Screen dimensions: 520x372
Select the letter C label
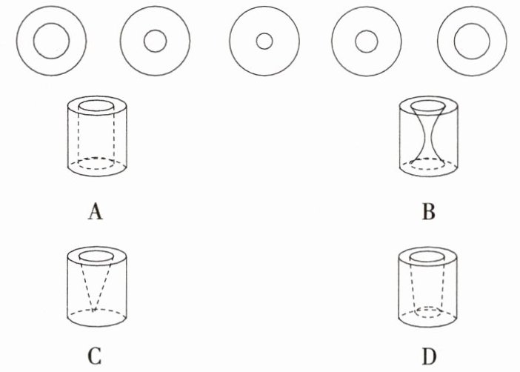(94, 357)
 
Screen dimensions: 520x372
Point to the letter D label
(428, 357)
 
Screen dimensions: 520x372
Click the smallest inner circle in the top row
(264, 42)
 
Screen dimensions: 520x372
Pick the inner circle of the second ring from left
(155, 41)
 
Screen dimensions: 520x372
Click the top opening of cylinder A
(96, 106)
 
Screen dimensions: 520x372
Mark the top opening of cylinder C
(96, 256)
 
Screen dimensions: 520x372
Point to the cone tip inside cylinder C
(95, 311)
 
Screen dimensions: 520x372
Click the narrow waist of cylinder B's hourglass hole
(427, 133)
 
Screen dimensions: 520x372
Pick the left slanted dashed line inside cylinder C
(86, 285)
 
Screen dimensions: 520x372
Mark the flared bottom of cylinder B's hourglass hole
(427, 157)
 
